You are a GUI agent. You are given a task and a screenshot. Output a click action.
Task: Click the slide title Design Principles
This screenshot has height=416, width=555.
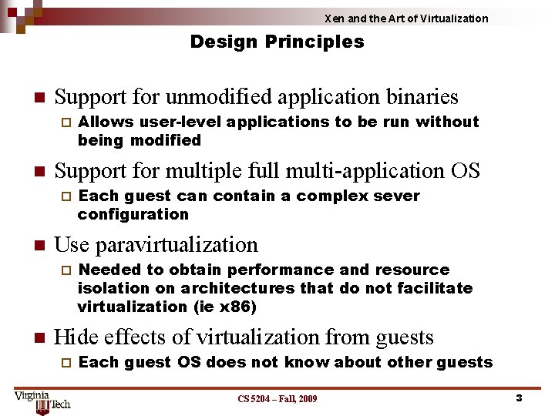(x=277, y=42)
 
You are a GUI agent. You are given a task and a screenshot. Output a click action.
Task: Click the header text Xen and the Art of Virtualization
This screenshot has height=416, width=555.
(x=405, y=18)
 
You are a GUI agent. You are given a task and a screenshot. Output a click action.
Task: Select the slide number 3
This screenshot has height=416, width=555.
(x=519, y=398)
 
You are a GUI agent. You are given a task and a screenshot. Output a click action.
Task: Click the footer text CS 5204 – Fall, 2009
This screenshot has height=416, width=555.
(x=277, y=398)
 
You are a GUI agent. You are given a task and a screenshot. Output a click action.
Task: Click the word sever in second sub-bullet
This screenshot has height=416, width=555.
(x=397, y=196)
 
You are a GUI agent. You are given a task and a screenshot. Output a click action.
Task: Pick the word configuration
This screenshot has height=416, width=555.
(x=133, y=214)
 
